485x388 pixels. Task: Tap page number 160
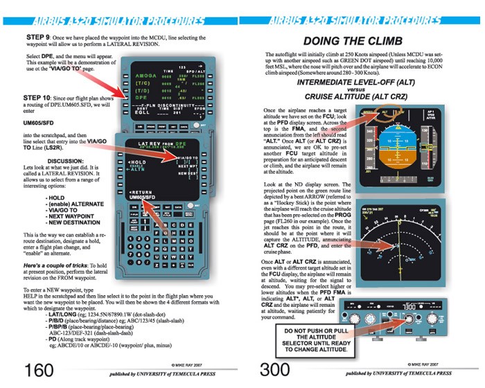coord(37,368)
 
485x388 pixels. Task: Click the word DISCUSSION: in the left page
coord(66,161)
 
